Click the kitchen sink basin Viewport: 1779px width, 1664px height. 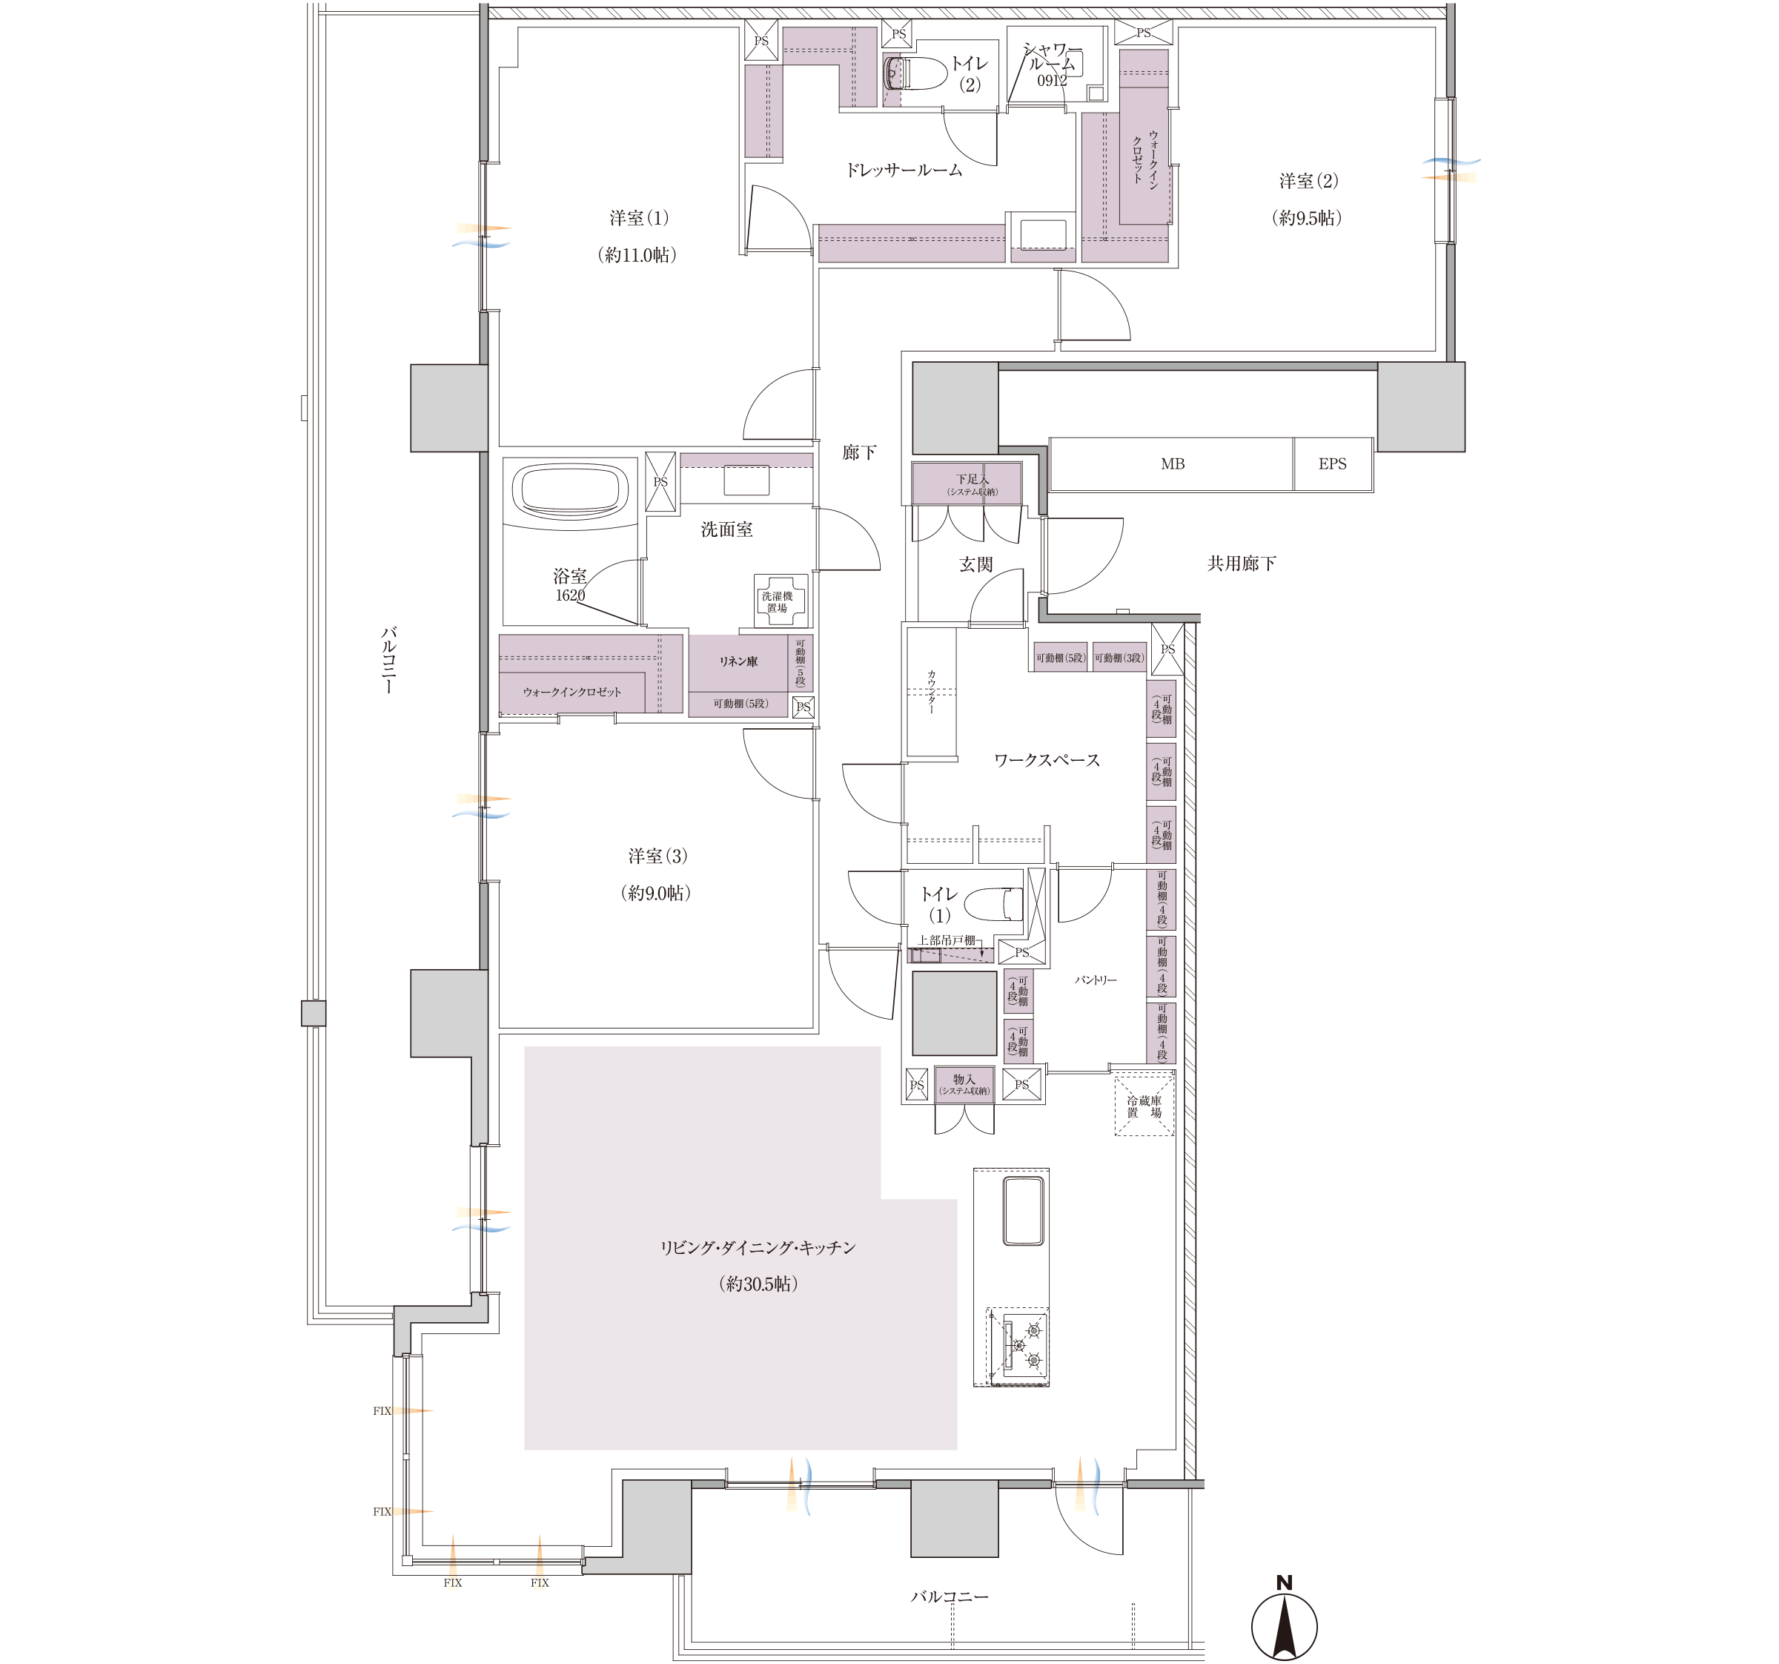tap(1024, 1211)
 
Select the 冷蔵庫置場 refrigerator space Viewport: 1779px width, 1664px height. tap(1144, 1106)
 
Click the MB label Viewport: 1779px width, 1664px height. tap(1172, 463)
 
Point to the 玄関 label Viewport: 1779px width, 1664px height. tap(976, 564)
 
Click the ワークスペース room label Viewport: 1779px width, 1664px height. tap(1047, 760)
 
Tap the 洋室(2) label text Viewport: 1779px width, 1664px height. tap(1308, 181)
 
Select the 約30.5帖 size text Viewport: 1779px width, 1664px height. tap(758, 1284)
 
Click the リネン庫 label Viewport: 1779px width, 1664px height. tap(738, 661)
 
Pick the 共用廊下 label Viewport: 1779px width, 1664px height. tap(1242, 563)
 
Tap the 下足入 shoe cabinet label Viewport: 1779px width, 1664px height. tap(972, 479)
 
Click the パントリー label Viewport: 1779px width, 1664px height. tap(1096, 980)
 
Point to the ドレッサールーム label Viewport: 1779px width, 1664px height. tap(904, 170)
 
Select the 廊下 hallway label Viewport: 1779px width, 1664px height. tap(859, 453)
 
